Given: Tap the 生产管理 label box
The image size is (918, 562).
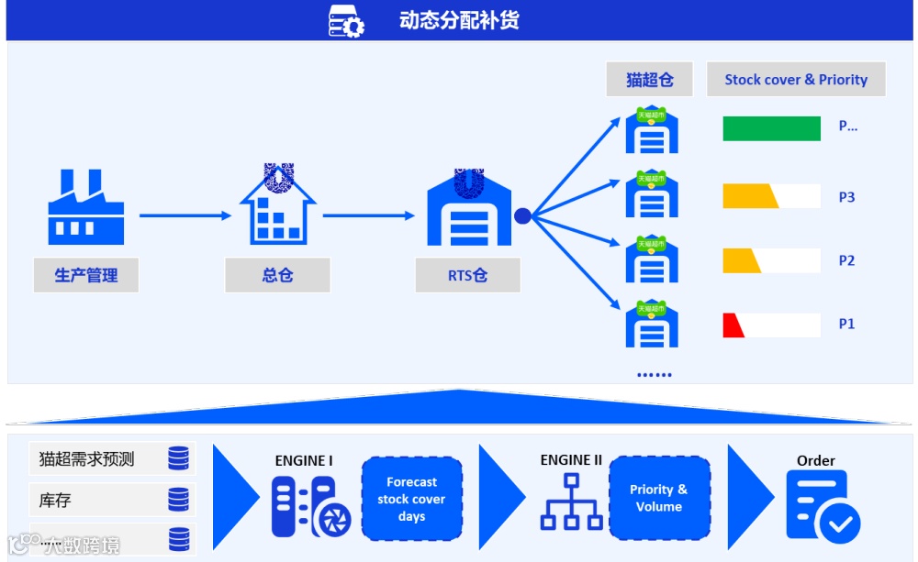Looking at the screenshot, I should [85, 275].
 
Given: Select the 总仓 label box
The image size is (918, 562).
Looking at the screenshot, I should [277, 275].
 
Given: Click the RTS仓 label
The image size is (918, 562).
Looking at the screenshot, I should [467, 275].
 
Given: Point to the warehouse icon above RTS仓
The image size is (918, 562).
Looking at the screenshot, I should [468, 211].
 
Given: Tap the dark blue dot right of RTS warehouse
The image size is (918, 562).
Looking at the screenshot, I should [522, 216].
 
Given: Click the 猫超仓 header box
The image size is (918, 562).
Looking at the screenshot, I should [649, 80].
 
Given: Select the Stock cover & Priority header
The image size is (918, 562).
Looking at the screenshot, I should [796, 80].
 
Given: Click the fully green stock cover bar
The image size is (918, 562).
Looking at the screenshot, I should [771, 128].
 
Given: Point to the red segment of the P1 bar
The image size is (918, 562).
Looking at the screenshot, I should [733, 325].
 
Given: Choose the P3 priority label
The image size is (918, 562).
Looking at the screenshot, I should [846, 197].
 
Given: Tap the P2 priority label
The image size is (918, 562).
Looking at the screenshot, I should [846, 260].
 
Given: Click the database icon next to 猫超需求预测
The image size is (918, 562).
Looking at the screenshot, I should [178, 458].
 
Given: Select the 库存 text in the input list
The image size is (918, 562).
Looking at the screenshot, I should [55, 501].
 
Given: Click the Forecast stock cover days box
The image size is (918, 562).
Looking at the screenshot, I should [411, 499].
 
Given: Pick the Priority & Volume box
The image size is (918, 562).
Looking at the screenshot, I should [658, 498].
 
